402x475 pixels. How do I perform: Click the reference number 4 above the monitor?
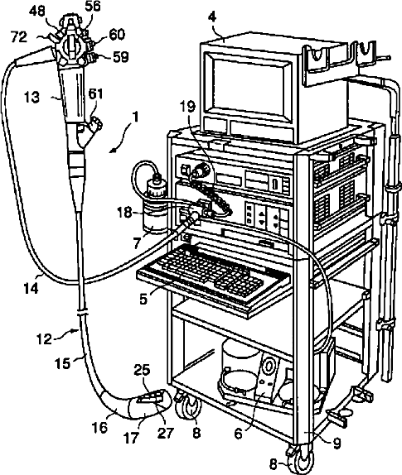(x=212, y=17)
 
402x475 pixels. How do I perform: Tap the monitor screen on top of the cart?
(x=248, y=86)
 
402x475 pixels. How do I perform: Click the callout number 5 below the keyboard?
(x=143, y=299)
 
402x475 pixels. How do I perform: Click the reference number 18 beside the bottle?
(x=125, y=213)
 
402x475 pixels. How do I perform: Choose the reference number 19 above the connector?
(x=188, y=106)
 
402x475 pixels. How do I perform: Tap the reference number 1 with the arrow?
(x=135, y=117)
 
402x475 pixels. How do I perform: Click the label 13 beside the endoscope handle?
(x=31, y=98)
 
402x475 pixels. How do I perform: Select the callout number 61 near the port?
(x=95, y=94)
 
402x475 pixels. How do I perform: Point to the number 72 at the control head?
(x=19, y=37)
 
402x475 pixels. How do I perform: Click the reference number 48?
(x=37, y=12)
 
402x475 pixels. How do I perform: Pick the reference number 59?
(x=121, y=57)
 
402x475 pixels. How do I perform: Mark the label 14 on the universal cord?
(x=31, y=288)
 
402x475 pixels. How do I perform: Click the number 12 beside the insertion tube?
(x=45, y=339)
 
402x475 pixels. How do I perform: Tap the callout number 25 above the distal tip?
(x=143, y=370)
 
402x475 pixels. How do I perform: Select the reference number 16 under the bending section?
(x=99, y=428)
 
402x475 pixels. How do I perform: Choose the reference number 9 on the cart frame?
(x=337, y=444)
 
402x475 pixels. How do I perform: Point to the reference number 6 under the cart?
(x=239, y=434)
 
